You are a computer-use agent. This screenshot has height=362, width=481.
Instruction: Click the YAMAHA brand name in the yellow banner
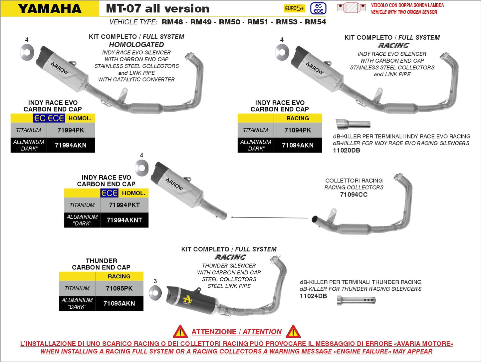[50, 9]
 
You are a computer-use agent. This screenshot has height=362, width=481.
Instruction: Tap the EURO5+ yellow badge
[294, 8]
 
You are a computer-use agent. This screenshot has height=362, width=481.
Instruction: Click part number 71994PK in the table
[71, 130]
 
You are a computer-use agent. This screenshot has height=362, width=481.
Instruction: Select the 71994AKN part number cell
[71, 145]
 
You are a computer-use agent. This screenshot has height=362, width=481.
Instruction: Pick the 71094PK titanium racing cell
[298, 130]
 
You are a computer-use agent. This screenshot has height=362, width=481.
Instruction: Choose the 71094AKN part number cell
[298, 145]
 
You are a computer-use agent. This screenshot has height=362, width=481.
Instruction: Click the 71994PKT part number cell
[124, 205]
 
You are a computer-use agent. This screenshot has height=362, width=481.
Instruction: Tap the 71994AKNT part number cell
[124, 220]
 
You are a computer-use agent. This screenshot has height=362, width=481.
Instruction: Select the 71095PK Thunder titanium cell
[119, 288]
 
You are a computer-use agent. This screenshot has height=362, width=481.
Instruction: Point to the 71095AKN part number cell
[119, 303]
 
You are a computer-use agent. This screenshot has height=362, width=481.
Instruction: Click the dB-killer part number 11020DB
[346, 151]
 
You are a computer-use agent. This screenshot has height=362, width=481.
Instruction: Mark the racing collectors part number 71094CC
[354, 195]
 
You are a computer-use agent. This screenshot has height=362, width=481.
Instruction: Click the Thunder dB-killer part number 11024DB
[313, 296]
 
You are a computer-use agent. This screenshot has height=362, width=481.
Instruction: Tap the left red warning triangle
[180, 332]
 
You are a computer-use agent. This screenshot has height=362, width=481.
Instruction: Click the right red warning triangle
[293, 332]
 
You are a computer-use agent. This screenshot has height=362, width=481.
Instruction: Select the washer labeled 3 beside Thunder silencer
[155, 292]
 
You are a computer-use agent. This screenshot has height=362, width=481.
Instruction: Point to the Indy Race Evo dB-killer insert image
[353, 124]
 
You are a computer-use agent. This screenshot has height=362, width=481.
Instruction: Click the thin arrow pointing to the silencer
[270, 218]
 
